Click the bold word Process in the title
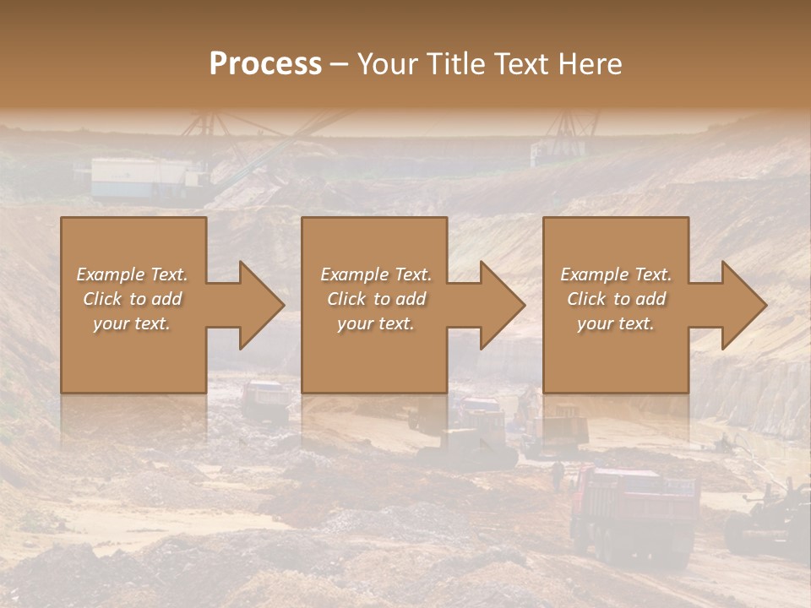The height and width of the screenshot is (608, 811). [x=265, y=64]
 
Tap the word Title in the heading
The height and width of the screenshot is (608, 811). [x=455, y=64]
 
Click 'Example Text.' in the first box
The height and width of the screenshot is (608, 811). [x=132, y=274]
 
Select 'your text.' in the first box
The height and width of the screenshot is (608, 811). [x=132, y=323]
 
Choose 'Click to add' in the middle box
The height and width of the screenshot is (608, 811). [x=376, y=299]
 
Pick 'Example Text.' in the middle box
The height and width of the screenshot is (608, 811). [x=376, y=274]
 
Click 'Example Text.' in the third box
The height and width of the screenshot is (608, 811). [x=616, y=274]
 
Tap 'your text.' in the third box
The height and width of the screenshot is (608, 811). [x=616, y=323]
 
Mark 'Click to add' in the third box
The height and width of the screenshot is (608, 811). [x=616, y=299]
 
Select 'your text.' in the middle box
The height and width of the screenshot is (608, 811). [x=376, y=323]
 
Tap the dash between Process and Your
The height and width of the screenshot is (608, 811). [x=339, y=64]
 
